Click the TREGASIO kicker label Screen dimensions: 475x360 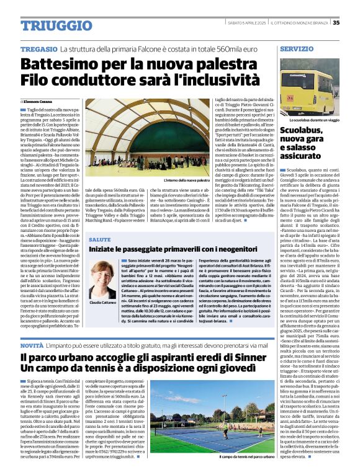[x=38, y=48]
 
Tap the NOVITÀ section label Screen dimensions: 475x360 [x=32, y=344]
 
